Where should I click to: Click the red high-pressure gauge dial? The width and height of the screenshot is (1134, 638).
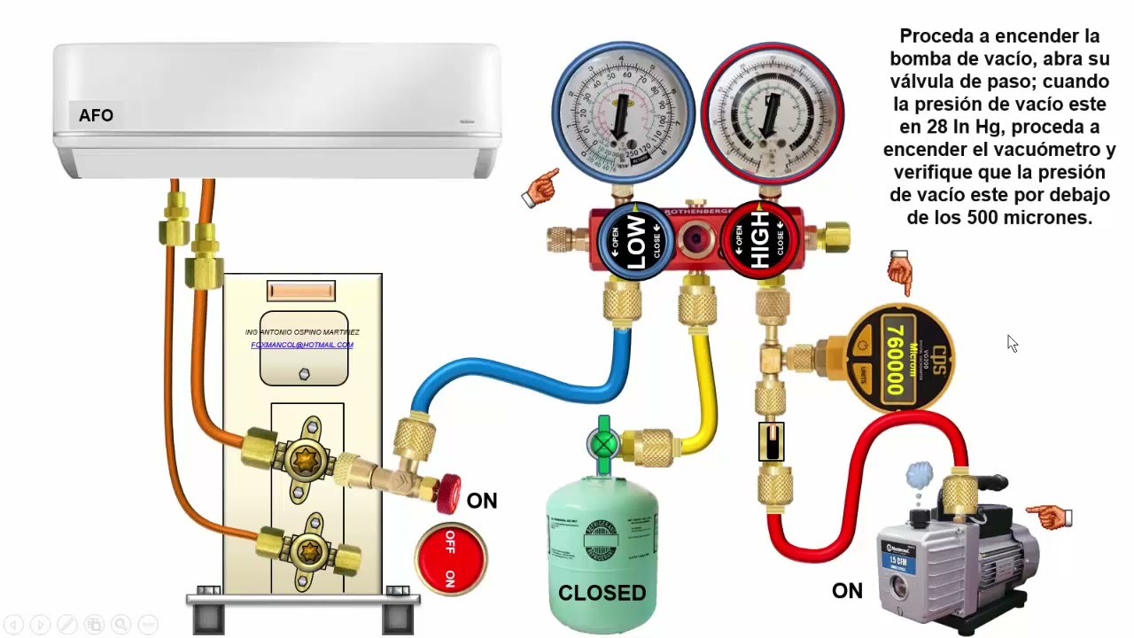772,110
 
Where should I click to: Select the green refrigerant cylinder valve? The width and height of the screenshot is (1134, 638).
604,441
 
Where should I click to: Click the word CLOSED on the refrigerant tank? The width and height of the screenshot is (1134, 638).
602,593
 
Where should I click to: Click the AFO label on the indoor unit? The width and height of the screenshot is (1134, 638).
96,115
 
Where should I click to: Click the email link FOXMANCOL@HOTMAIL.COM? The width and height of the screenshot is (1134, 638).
302,345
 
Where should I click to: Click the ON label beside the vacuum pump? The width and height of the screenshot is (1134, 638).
847,591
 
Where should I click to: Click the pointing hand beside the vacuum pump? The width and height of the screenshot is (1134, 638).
1050,515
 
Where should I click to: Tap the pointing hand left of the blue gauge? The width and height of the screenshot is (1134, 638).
540,188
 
